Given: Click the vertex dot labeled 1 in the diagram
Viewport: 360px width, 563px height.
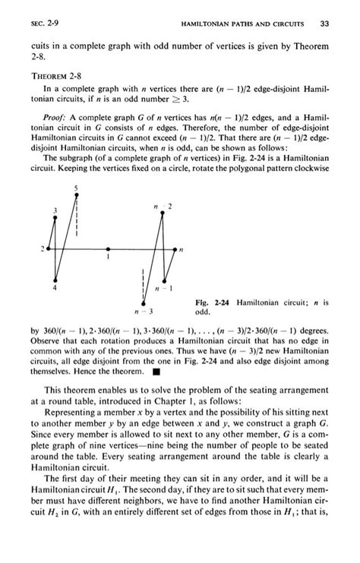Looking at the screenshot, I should tap(109, 248).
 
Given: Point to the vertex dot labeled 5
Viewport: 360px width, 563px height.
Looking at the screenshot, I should tap(76, 196).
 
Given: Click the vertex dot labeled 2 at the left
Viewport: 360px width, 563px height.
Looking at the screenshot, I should tap(48, 248).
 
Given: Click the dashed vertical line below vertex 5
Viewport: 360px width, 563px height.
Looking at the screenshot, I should tap(76, 220).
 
